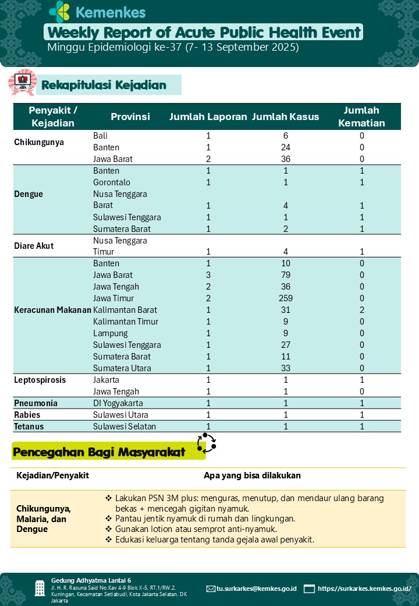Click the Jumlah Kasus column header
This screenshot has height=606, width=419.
tap(285, 117)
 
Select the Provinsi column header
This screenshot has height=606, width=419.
tap(130, 117)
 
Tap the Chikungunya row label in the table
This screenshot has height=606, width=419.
tap(39, 142)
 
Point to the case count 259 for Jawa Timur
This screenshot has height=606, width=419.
tap(286, 298)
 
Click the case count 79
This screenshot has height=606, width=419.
tap(286, 275)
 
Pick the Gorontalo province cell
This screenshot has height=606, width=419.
tap(112, 182)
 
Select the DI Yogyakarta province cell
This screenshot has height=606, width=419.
tap(119, 403)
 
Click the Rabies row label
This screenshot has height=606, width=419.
tap(29, 415)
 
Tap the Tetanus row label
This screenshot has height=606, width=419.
tap(29, 427)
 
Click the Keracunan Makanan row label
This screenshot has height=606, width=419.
tap(52, 310)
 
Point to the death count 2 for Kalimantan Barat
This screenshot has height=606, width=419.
tap(361, 310)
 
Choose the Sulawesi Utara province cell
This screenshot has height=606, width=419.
tap(120, 415)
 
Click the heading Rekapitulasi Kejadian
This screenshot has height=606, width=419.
tap(104, 85)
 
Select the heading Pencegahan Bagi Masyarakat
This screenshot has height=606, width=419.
tap(99, 452)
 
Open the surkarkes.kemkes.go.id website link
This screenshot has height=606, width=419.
tap(364, 589)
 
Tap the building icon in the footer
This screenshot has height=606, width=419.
tap(40, 588)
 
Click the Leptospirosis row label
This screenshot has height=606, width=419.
tap(40, 380)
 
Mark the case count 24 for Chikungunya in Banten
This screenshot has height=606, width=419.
tap(286, 147)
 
